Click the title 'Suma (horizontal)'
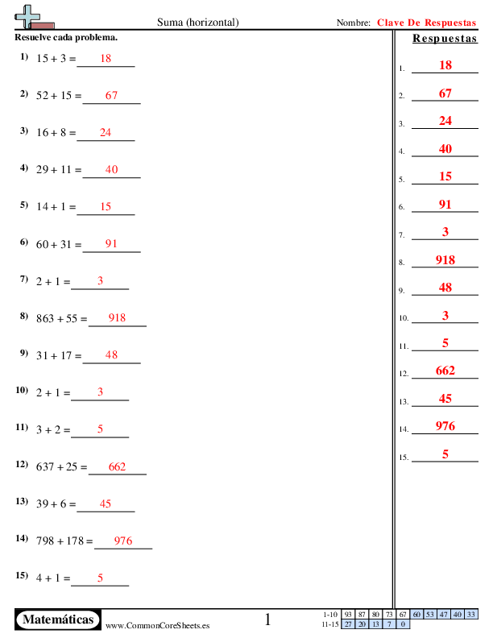tap(197, 23)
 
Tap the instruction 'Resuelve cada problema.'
tap(66, 38)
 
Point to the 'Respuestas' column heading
tap(444, 39)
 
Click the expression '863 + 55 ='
tap(61, 318)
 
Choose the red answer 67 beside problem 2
tap(111, 96)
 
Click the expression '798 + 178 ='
tap(64, 541)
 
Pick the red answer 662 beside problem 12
tap(117, 467)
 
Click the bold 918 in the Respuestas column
tap(445, 260)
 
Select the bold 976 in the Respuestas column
tap(445, 426)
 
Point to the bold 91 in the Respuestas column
tap(445, 205)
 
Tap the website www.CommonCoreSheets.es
tap(158, 625)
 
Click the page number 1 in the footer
tap(268, 619)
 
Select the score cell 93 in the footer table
tap(348, 615)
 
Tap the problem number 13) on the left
tap(23, 501)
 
